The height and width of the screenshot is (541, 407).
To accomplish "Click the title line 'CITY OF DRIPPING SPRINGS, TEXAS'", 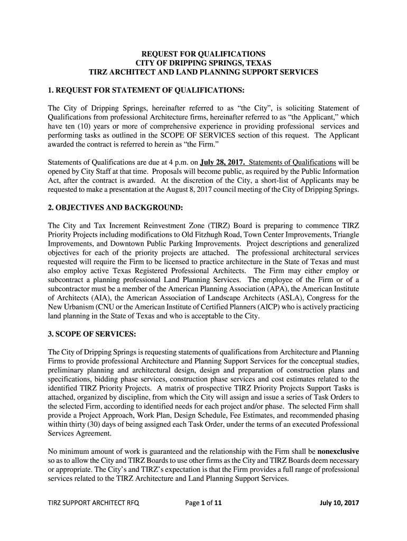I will point(203,63).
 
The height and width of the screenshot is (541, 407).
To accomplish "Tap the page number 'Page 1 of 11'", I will point(203,502).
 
